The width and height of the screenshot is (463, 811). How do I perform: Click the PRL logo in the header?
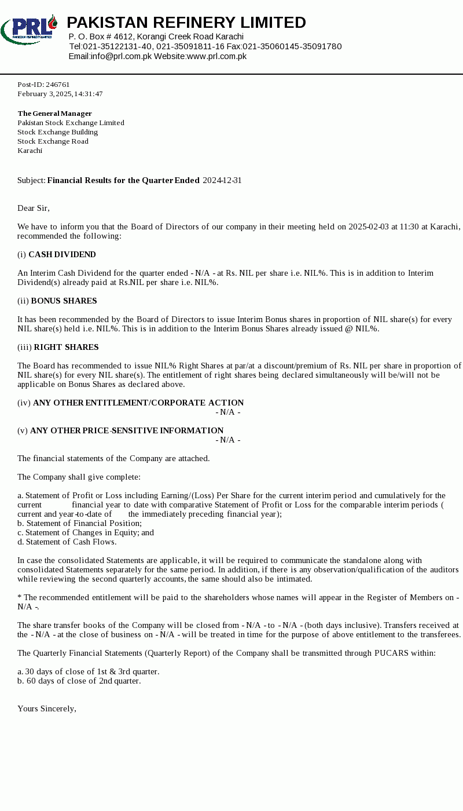29,30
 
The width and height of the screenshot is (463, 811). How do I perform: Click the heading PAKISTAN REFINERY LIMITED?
186,23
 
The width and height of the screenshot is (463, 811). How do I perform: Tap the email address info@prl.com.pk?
121,56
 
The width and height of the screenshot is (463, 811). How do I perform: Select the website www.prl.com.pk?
216,56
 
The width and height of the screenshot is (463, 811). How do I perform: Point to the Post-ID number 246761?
57,85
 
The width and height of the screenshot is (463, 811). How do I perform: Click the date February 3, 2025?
44,94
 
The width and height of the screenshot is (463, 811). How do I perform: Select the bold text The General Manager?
54,114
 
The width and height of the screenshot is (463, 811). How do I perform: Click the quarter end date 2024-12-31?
222,181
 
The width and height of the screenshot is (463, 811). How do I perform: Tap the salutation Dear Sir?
34,209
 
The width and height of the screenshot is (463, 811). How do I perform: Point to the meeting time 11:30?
409,227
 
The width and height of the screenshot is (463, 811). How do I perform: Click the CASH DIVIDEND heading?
62,255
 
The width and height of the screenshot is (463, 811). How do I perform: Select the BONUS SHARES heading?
64,301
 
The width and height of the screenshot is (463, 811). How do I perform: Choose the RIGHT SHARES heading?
66,348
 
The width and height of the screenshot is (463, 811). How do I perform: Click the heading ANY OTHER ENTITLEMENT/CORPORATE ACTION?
138,403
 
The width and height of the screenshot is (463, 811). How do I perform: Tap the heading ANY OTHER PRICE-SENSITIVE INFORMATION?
127,431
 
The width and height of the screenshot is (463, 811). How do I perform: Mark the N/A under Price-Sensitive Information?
227,440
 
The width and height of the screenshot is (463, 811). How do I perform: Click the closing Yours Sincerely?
47,709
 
